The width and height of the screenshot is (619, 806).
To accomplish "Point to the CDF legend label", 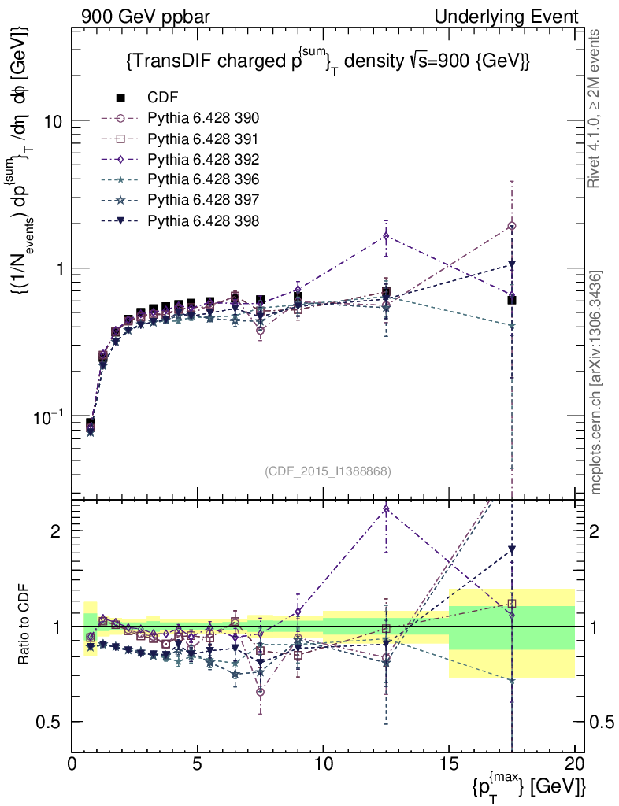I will click(163, 98).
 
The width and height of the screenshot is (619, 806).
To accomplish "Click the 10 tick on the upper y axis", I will click(54, 121).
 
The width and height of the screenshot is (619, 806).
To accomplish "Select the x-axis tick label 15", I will click(449, 764).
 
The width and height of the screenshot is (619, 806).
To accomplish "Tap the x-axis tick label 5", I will click(198, 764).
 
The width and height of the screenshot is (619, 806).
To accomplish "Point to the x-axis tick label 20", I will click(575, 764).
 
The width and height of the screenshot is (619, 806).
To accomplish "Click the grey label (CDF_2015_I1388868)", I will click(328, 471).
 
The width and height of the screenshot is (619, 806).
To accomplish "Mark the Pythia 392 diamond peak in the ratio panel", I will click(386, 509).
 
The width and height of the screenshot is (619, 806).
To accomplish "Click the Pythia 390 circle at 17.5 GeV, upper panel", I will click(512, 226).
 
